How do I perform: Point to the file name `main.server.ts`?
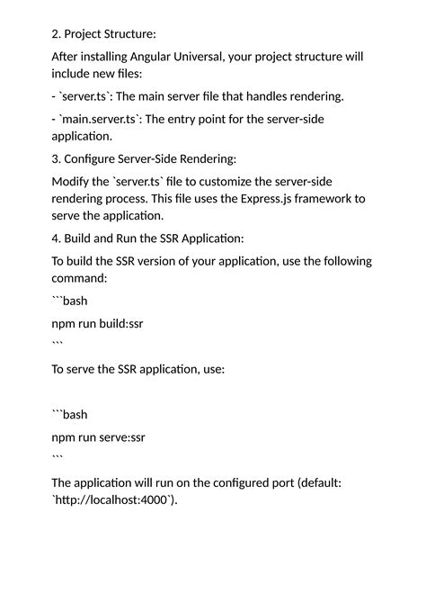coord(103,119)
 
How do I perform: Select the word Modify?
coord(74,182)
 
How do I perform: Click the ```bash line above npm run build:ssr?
coord(70,301)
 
